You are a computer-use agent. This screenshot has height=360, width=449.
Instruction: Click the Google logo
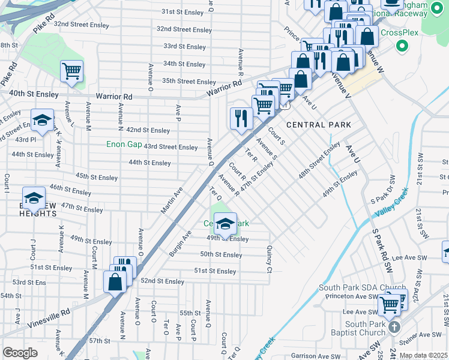[20, 353]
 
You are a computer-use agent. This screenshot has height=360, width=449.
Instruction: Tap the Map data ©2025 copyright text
[423, 355]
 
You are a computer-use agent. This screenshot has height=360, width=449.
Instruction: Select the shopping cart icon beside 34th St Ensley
[71, 71]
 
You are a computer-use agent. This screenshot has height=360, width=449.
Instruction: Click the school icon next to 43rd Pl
[42, 121]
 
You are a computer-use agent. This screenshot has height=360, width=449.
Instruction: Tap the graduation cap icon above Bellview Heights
[34, 198]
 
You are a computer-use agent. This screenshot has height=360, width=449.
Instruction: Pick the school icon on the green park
[225, 224]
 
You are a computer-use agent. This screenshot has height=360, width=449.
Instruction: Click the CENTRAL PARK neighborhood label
[318, 125]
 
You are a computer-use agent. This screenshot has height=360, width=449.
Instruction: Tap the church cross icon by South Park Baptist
[394, 327]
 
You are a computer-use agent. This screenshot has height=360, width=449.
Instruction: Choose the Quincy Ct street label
[270, 258]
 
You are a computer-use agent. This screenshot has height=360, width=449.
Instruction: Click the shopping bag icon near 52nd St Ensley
[115, 281]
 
